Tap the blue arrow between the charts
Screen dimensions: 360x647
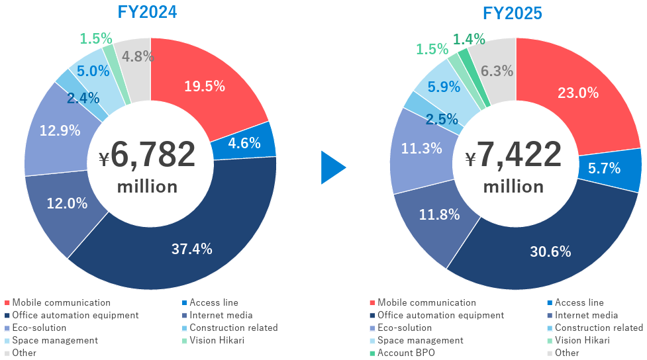pos(332,167)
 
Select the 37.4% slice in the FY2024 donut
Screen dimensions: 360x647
pos(191,249)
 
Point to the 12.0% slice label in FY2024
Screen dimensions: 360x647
pos(67,204)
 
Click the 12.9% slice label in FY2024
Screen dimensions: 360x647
pos(60,130)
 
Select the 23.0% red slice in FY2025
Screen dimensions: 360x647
pos(579,93)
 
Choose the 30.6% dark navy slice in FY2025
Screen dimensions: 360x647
pos(550,251)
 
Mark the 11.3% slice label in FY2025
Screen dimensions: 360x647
pos(422,148)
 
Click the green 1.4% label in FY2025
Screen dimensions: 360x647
pos(470,39)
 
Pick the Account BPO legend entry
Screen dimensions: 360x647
pos(405,353)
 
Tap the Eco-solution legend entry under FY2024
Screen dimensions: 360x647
pos(39,328)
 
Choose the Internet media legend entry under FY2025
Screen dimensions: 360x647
pos(586,315)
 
